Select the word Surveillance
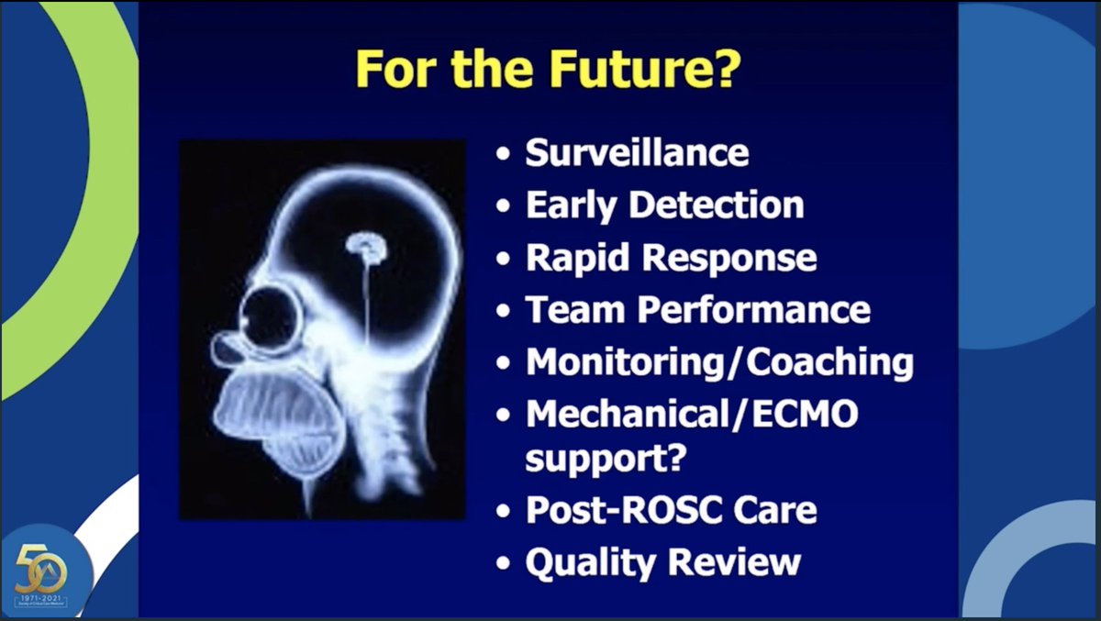[637, 153]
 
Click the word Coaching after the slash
[830, 362]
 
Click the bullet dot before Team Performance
[503, 311]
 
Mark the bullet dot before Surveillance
[503, 154]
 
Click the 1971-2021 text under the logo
[46, 597]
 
